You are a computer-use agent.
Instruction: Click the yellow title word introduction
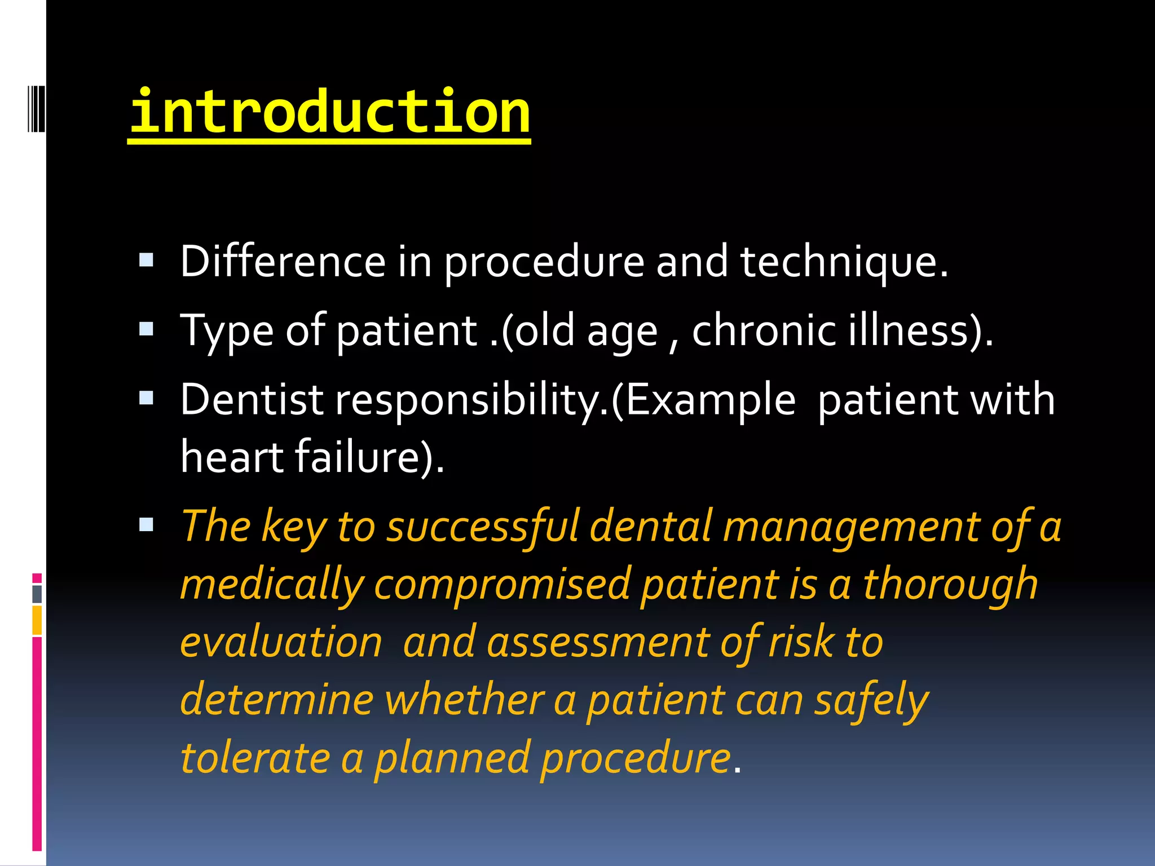click(x=330, y=113)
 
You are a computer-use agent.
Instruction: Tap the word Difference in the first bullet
click(x=283, y=262)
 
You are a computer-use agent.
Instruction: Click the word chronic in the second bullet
click(x=764, y=331)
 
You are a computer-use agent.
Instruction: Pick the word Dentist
click(x=252, y=399)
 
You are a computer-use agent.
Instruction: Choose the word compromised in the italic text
click(x=502, y=585)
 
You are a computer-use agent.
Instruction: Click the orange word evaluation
click(x=281, y=643)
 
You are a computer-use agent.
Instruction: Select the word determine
click(x=277, y=700)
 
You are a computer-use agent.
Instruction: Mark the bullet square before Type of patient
click(x=147, y=329)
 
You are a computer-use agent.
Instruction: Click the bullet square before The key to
click(x=147, y=525)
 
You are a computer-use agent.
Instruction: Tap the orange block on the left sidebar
click(x=37, y=620)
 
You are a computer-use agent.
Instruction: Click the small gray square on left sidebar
click(x=37, y=594)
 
